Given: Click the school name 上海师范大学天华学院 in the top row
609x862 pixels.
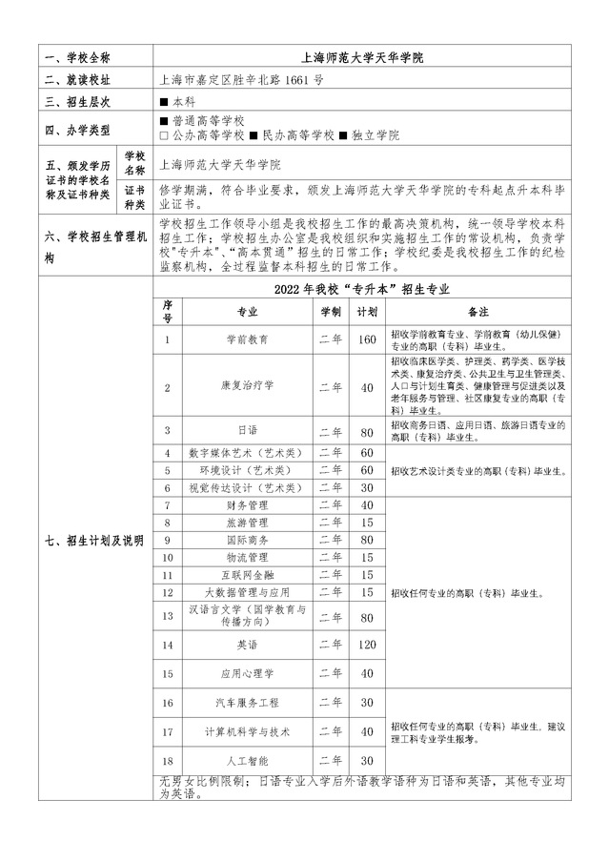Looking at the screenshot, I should click(361, 57).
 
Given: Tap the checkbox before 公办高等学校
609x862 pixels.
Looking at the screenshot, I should click(165, 136).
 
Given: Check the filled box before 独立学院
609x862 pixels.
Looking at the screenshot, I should click(345, 136).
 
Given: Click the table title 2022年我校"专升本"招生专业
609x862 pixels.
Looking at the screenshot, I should click(361, 288).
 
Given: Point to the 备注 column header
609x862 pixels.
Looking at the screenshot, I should click(478, 311).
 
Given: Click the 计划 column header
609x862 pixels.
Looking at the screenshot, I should click(366, 311).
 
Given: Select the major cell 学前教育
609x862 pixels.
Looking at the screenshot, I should click(248, 339).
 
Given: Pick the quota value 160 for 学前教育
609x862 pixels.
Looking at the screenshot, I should click(366, 339).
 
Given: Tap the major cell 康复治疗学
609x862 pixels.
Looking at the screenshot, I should click(248, 386).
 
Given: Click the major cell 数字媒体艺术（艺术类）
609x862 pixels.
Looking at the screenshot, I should click(248, 452).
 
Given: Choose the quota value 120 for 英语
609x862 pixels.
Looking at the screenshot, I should click(366, 645).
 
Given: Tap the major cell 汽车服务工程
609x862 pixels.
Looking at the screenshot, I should click(248, 703).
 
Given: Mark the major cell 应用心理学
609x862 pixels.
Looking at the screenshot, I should click(248, 673).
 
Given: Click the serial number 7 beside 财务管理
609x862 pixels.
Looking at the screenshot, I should click(167, 504).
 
